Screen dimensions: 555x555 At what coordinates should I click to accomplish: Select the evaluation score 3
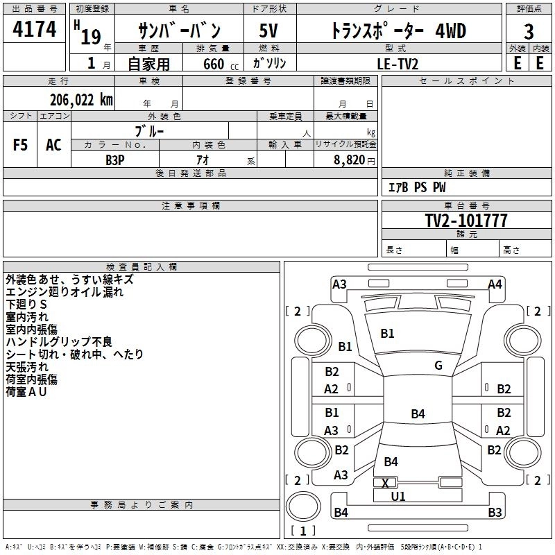coord(529,32)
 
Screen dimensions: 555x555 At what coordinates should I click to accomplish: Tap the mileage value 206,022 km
coord(81,100)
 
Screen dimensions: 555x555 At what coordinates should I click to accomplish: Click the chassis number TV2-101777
coord(466,221)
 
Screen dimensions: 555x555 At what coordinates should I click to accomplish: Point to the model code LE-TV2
coord(398,63)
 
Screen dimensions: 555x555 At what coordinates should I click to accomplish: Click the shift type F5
coord(21,145)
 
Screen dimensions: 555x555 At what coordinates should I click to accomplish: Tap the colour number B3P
coord(115,160)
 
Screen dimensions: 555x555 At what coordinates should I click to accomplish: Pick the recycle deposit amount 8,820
coord(349,160)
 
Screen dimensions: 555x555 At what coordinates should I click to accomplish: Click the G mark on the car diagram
coord(438,366)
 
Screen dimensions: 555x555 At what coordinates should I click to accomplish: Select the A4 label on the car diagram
coord(495,284)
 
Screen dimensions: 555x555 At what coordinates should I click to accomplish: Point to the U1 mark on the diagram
coord(398,496)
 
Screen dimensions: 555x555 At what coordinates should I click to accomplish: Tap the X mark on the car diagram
coord(385,482)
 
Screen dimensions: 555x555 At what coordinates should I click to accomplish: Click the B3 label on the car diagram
coord(495,513)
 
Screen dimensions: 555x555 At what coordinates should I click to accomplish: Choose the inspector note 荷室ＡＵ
coord(26,392)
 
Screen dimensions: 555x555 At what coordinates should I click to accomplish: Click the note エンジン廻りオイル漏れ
coord(64,292)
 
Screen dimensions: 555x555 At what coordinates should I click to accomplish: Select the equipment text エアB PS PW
coord(416,187)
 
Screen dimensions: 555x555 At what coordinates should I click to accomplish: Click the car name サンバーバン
coord(180,31)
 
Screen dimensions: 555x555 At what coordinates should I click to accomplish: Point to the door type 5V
coord(268,31)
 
